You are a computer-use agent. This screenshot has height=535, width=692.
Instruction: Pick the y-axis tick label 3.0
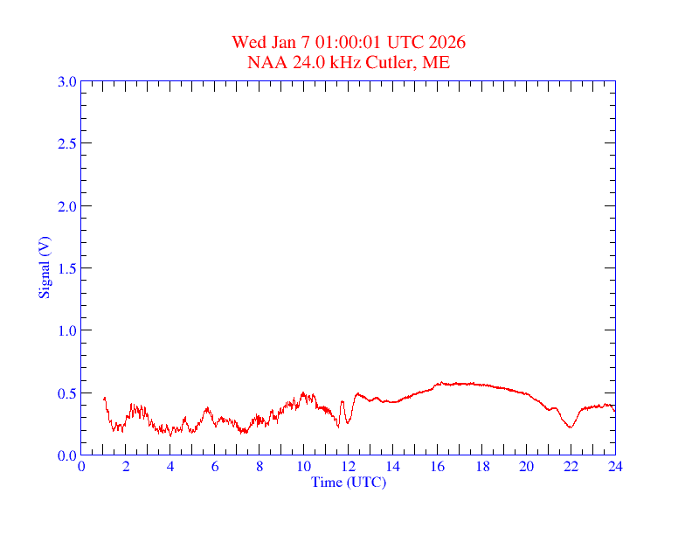coord(66,81)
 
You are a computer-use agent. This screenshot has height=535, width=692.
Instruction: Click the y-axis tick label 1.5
coord(66,268)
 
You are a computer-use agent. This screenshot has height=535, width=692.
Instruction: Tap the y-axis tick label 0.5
coord(66,393)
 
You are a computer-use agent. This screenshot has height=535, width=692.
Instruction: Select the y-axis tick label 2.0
coord(66,206)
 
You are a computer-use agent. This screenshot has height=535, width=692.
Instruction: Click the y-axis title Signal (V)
coord(44,267)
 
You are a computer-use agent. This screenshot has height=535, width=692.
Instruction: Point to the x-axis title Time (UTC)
coord(349,482)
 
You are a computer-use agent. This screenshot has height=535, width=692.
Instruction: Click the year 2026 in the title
coord(446,43)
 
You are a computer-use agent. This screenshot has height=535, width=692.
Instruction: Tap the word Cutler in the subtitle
coord(393,62)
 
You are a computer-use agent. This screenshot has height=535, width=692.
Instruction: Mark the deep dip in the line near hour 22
coord(570,427)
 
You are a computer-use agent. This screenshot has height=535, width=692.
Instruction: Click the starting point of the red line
coord(104,399)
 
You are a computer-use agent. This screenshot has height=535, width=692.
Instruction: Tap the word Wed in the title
coord(247,43)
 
